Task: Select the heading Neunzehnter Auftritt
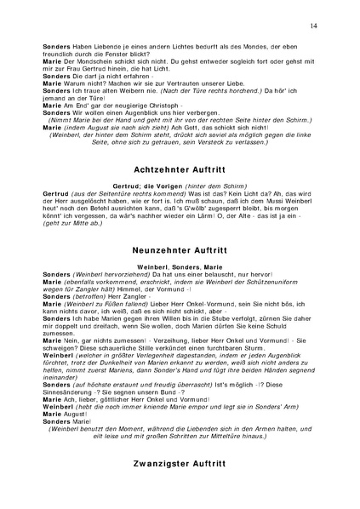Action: [x=180, y=252]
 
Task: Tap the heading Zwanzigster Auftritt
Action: [x=180, y=465]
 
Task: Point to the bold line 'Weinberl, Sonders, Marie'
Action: [x=180, y=268]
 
